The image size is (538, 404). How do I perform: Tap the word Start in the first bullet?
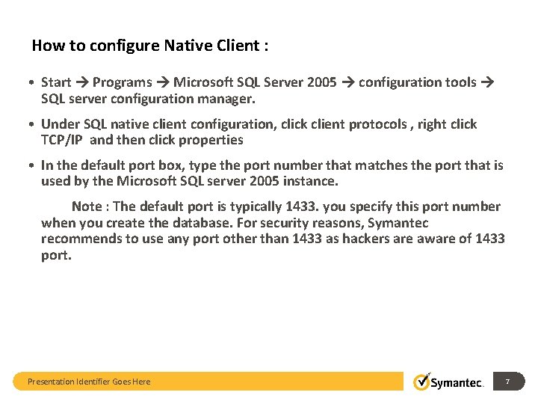click(56, 82)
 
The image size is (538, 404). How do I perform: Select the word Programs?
click(123, 82)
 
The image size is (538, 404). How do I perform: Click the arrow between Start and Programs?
click(82, 82)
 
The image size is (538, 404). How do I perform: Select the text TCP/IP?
click(62, 140)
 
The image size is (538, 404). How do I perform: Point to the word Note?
click(87, 206)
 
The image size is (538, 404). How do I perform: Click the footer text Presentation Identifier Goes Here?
click(89, 382)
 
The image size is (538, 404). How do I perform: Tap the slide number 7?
click(507, 382)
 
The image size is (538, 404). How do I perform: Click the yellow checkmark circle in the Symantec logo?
click(422, 382)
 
